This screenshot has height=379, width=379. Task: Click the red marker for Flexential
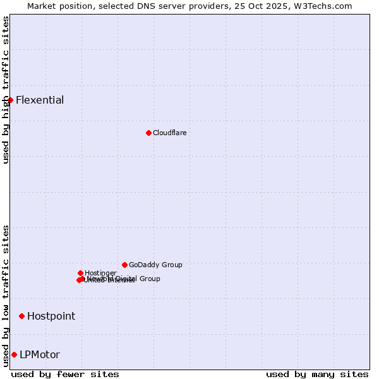coord(10,100)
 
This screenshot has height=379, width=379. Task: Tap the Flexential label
coord(40,100)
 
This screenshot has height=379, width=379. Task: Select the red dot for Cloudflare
coord(148,133)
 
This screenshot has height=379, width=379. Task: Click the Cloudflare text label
coord(169,133)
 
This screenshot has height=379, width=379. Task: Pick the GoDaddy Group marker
coord(124,265)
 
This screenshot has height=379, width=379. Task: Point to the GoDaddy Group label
coord(155,265)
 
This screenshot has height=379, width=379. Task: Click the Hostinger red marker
coord(80,273)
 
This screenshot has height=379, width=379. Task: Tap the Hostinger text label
coord(100,273)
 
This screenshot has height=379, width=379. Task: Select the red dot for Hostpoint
coord(21,316)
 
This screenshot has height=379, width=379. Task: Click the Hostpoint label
coord(51,316)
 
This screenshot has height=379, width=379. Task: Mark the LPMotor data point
coord(14,354)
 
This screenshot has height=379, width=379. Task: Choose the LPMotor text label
coord(40,354)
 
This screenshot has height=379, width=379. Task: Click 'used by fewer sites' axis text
coord(65,374)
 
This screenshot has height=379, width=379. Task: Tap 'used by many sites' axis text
coord(317,374)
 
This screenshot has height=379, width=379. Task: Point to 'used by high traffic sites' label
coord(6,90)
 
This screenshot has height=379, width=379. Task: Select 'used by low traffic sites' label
coord(6,295)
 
